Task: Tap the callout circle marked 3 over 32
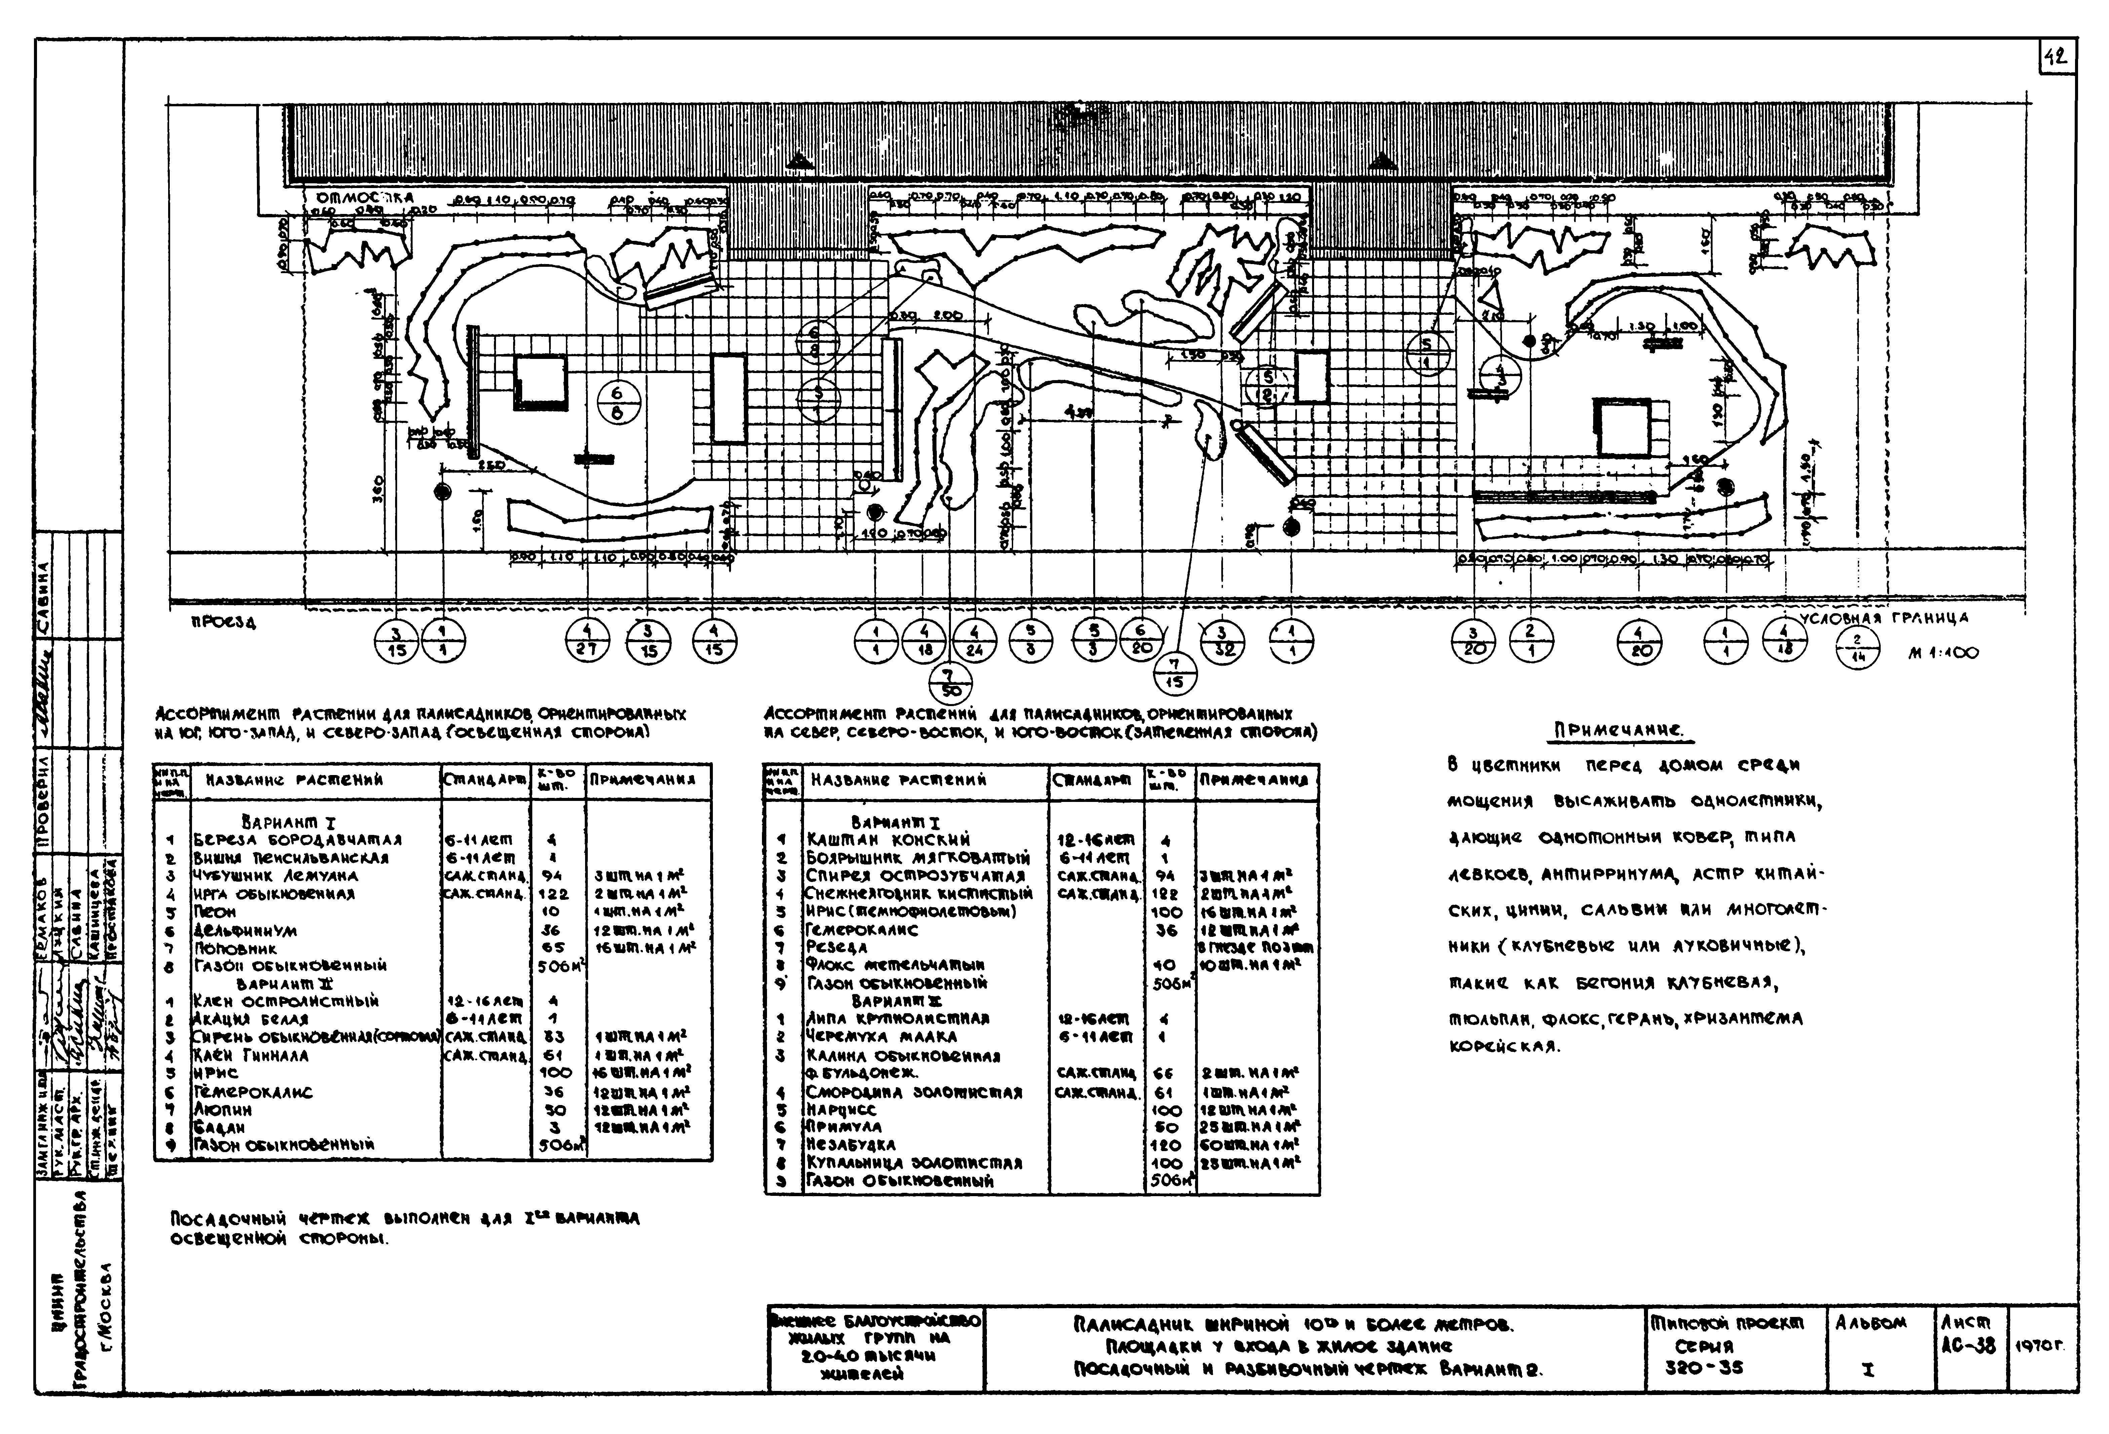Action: [x=1222, y=642]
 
